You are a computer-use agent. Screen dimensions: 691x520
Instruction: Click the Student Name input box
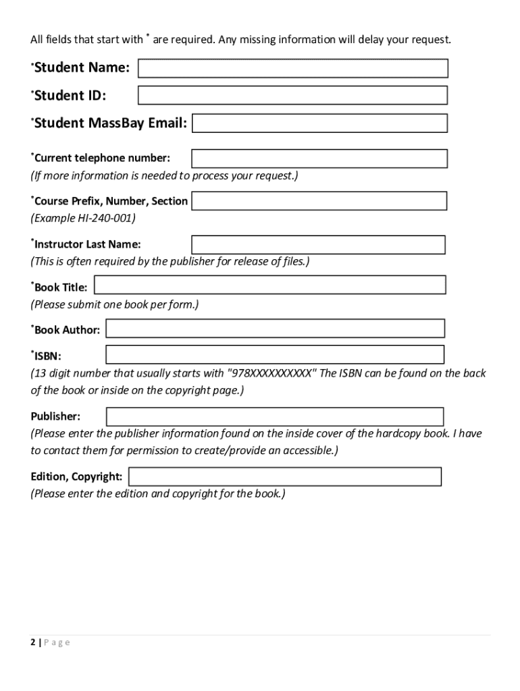click(x=292, y=68)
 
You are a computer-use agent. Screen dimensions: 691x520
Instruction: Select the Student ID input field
click(x=292, y=95)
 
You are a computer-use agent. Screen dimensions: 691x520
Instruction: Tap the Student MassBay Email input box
click(x=319, y=123)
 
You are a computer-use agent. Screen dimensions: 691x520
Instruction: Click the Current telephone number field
click(x=319, y=159)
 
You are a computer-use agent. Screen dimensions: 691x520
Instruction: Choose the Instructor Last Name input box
click(x=318, y=244)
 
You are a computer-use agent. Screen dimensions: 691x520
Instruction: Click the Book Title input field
click(x=269, y=285)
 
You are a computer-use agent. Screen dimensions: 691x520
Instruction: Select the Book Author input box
click(x=275, y=328)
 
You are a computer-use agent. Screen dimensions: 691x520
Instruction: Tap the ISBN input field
click(x=275, y=354)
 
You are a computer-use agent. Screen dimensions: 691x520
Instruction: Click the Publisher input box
click(x=275, y=416)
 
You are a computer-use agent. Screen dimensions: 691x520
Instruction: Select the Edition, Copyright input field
click(x=284, y=476)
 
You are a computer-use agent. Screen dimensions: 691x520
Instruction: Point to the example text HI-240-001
click(x=105, y=219)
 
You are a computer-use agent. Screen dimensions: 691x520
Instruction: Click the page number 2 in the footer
click(x=32, y=642)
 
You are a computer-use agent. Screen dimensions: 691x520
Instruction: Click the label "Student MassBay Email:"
click(x=111, y=123)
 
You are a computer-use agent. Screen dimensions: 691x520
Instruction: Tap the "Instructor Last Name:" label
click(x=87, y=244)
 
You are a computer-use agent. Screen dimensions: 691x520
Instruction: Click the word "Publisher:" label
click(x=55, y=416)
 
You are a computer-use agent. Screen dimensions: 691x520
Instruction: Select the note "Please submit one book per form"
click(x=115, y=304)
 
